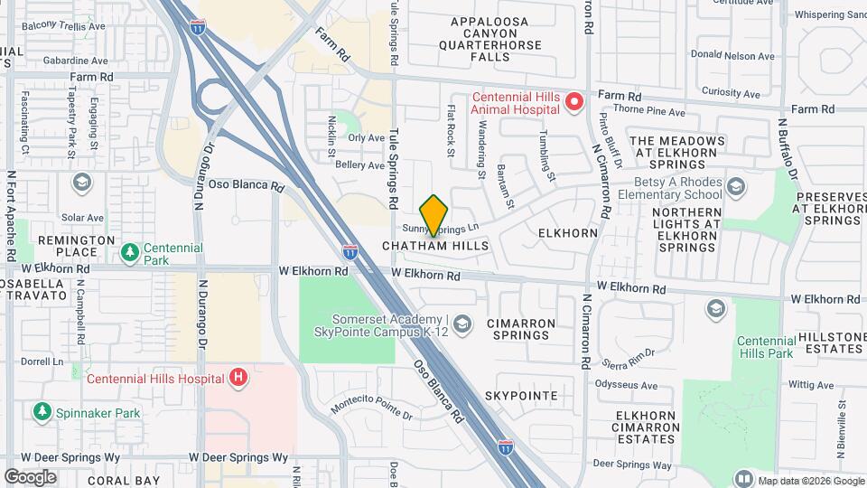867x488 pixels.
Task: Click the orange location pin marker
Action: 434,213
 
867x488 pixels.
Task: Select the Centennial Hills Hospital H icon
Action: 238,377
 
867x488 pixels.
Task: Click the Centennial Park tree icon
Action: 130,250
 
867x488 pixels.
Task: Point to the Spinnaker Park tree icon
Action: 42,413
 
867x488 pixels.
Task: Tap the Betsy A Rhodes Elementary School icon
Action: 735,187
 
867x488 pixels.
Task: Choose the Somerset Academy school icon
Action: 462,324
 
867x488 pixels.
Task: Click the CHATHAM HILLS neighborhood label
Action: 435,246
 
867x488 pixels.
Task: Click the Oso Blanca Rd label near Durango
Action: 247,184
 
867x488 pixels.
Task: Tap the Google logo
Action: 30,476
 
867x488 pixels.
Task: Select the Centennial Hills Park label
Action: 764,346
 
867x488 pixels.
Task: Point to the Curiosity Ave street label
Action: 733,91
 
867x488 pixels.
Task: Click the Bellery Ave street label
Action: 359,165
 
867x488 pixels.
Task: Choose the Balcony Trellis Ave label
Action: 64,27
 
